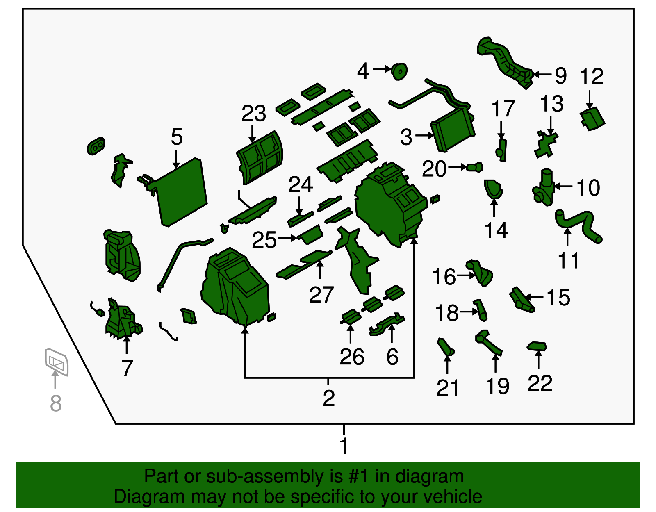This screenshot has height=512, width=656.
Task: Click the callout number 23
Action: [253, 114]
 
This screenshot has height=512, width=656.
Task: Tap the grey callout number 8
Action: [56, 403]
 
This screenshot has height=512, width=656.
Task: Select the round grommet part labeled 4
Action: [399, 71]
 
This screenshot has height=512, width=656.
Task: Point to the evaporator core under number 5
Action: [181, 192]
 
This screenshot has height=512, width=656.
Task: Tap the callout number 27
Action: [321, 295]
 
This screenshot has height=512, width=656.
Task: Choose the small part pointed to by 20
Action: [475, 167]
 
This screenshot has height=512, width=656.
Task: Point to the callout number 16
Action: [444, 276]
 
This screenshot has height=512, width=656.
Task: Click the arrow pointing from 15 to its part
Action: [534, 297]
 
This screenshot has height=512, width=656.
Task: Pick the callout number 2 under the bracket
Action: [329, 398]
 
